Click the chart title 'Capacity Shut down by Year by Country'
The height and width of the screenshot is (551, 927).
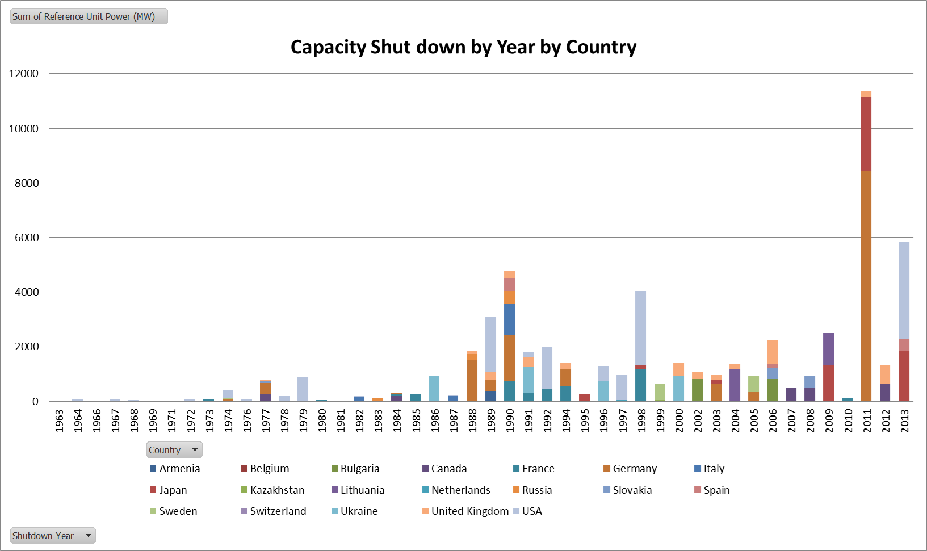pyautogui.click(x=463, y=47)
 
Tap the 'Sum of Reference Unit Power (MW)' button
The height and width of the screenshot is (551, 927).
pyautogui.click(x=89, y=16)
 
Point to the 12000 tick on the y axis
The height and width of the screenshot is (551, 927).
pyautogui.click(x=24, y=74)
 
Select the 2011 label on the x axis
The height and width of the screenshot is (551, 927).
pyautogui.click(x=866, y=420)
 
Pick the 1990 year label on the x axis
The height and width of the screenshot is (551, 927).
pyautogui.click(x=510, y=420)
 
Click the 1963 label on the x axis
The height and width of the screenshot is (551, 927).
pyautogui.click(x=59, y=420)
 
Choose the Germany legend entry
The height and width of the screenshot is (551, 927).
pyautogui.click(x=634, y=469)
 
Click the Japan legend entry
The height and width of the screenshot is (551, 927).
pyautogui.click(x=173, y=490)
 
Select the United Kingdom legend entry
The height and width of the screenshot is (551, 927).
pyautogui.click(x=469, y=511)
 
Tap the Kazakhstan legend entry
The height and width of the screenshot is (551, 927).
pyautogui.click(x=277, y=490)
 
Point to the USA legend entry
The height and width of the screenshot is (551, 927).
pyautogui.click(x=531, y=511)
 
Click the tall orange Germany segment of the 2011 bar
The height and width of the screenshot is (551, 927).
pyautogui.click(x=866, y=287)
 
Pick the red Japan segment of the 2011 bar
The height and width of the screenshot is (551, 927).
pyautogui.click(x=866, y=134)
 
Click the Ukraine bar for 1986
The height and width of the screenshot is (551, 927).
pyautogui.click(x=434, y=389)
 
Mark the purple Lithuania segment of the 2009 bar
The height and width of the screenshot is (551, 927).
pyautogui.click(x=828, y=349)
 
